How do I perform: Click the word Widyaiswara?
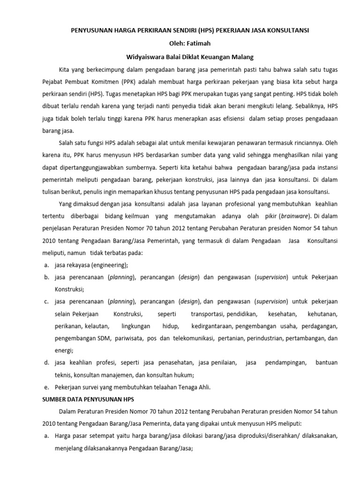pyautogui.click(x=147, y=57)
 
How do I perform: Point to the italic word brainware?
pyautogui.click(x=295, y=217)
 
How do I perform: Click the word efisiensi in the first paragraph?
pyautogui.click(x=228, y=119)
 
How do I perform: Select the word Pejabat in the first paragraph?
pyautogui.click(x=52, y=82)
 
